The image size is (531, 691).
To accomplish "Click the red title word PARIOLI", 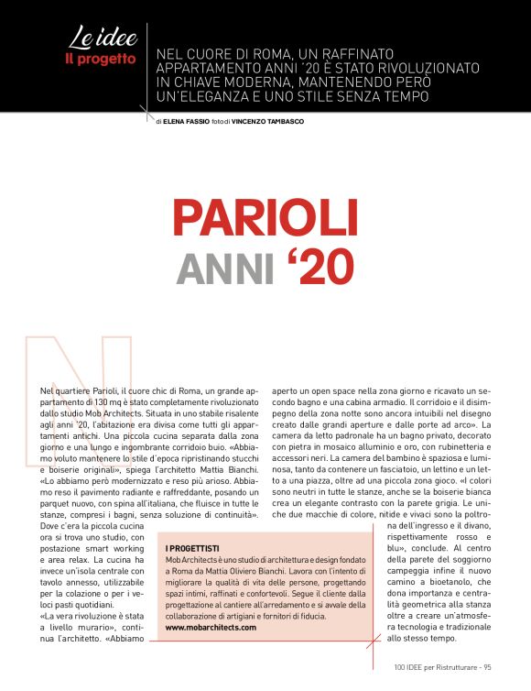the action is click(265, 217).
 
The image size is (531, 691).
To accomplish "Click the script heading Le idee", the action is click(103, 38).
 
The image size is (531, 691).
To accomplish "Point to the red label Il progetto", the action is click(100, 59).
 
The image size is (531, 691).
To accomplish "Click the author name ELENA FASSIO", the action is click(186, 121).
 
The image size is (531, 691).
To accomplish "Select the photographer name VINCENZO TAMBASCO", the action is click(267, 121).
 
